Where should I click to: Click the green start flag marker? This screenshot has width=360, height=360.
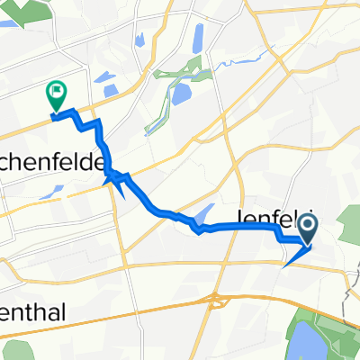pyautogui.click(x=57, y=92)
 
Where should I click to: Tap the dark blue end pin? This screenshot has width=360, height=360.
pyautogui.click(x=308, y=226)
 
